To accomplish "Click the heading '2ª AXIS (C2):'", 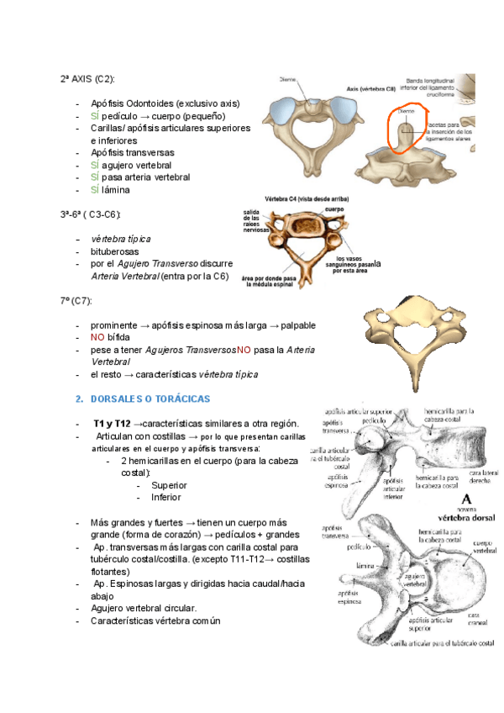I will click(x=87, y=78).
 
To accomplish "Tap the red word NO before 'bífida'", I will click(x=97, y=337).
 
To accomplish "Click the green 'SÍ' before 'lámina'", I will click(x=95, y=190).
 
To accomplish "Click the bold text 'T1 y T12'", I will click(x=113, y=425).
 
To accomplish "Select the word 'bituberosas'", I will click(x=115, y=251).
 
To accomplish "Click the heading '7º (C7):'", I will click(x=75, y=300).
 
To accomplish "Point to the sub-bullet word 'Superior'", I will click(x=169, y=485).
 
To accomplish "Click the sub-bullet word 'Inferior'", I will click(x=165, y=497).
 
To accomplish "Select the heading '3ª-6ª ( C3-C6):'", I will click(x=90, y=214).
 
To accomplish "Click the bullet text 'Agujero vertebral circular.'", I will click(x=144, y=608).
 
